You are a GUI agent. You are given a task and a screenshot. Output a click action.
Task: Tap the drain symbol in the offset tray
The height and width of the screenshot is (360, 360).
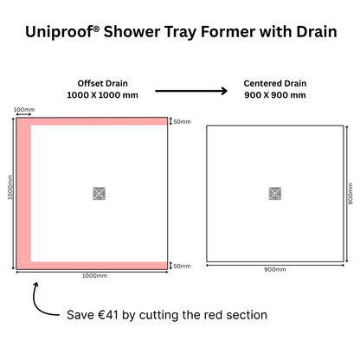(99, 194)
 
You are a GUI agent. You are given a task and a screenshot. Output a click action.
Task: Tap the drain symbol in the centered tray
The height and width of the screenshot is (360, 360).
(275, 194)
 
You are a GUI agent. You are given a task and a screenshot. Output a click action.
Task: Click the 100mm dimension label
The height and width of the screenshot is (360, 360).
(23, 110)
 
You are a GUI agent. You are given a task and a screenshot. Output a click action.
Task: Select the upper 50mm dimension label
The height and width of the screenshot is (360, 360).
(182, 121)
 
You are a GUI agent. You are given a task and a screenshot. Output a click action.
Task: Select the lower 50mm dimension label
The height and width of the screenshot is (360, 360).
(182, 266)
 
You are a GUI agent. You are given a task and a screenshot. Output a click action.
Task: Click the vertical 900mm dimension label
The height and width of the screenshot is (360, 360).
(350, 193)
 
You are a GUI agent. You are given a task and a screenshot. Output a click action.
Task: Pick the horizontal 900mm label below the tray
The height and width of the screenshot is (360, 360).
(274, 269)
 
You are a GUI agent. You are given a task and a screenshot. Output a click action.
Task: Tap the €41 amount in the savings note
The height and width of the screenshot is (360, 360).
(113, 314)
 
